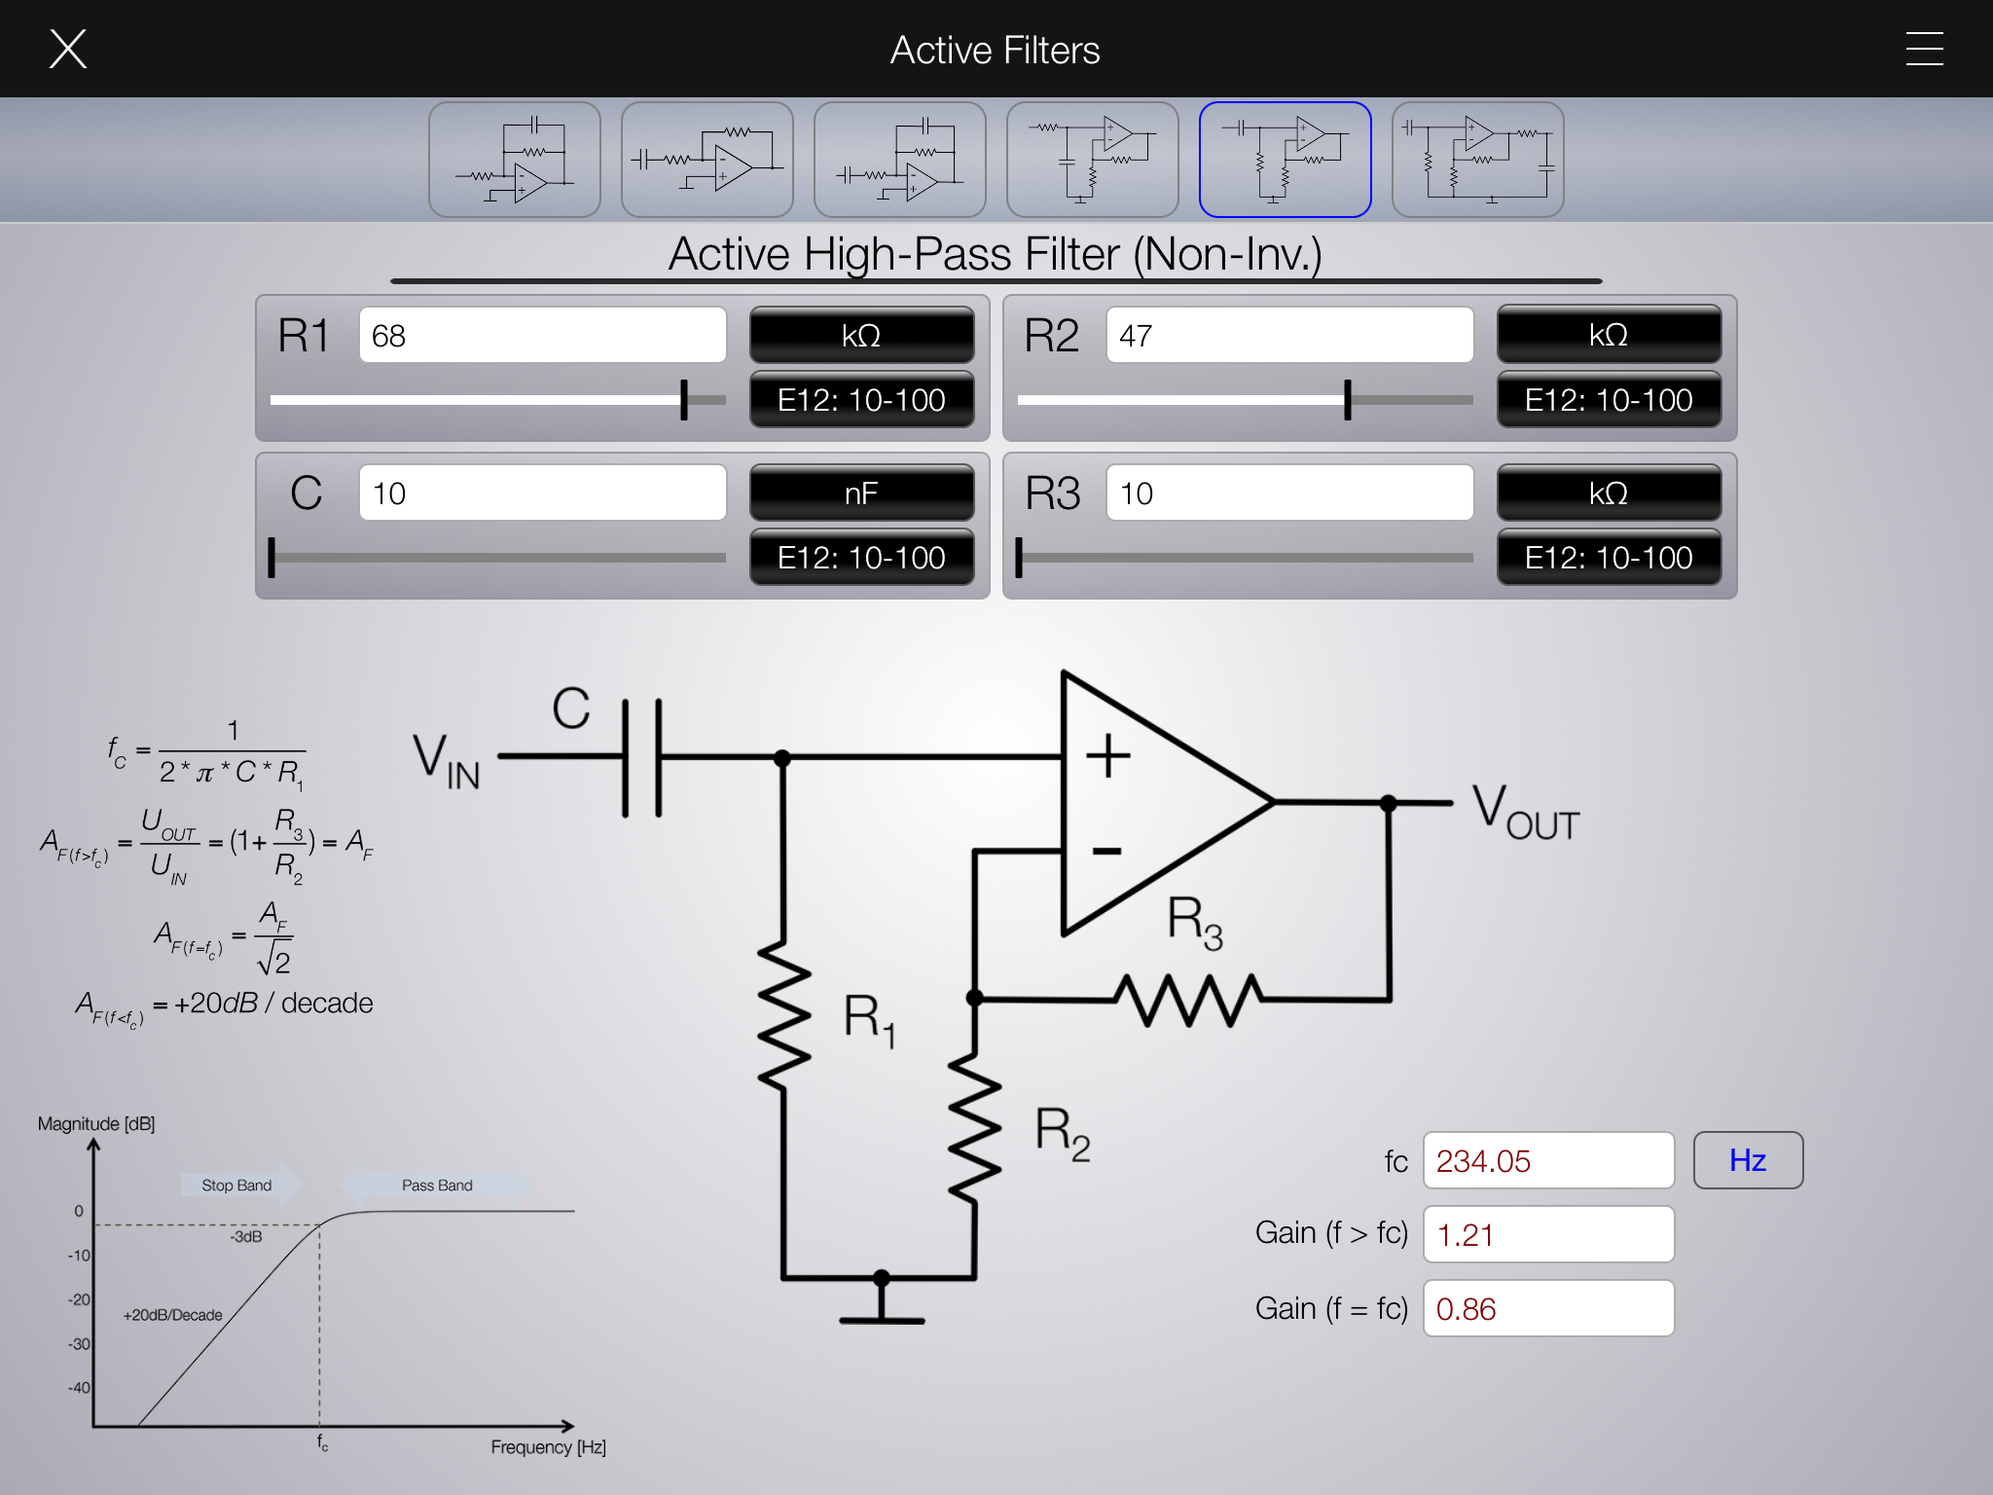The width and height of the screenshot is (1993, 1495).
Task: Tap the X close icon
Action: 68,49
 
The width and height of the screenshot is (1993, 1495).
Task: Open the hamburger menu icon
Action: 1924,49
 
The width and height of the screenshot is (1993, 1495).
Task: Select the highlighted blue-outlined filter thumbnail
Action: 1285,160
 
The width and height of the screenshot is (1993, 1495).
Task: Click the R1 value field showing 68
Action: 542,336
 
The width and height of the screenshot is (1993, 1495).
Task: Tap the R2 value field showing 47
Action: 1289,336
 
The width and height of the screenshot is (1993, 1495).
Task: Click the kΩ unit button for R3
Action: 1608,493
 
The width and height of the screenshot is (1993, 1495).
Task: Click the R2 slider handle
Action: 1348,400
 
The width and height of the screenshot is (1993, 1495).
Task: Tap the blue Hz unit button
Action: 1748,1160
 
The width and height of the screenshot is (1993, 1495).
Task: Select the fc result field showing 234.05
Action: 1547,1161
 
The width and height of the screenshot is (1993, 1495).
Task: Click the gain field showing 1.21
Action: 1547,1235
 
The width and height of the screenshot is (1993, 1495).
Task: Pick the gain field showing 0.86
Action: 1547,1309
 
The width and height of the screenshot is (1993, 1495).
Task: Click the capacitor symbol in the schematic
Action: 642,757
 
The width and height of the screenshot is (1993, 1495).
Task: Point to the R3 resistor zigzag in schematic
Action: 1189,1000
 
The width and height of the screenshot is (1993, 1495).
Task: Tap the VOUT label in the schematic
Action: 1524,812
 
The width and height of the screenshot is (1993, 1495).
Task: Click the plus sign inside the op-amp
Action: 1108,756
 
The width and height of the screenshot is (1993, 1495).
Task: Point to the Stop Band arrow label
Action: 238,1185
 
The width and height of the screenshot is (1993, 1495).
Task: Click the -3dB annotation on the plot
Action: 246,1237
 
